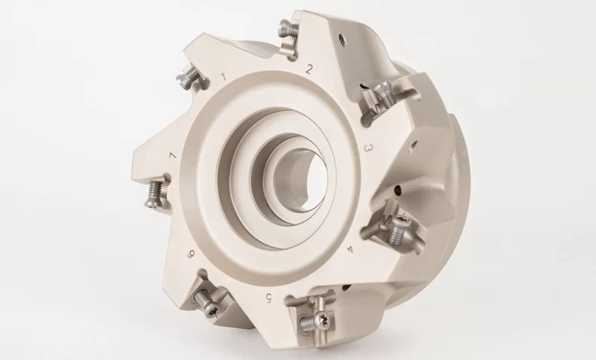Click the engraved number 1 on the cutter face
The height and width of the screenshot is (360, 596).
(224, 75)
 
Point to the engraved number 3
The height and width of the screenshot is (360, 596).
(367, 148)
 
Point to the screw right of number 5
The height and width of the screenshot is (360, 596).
(310, 321)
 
